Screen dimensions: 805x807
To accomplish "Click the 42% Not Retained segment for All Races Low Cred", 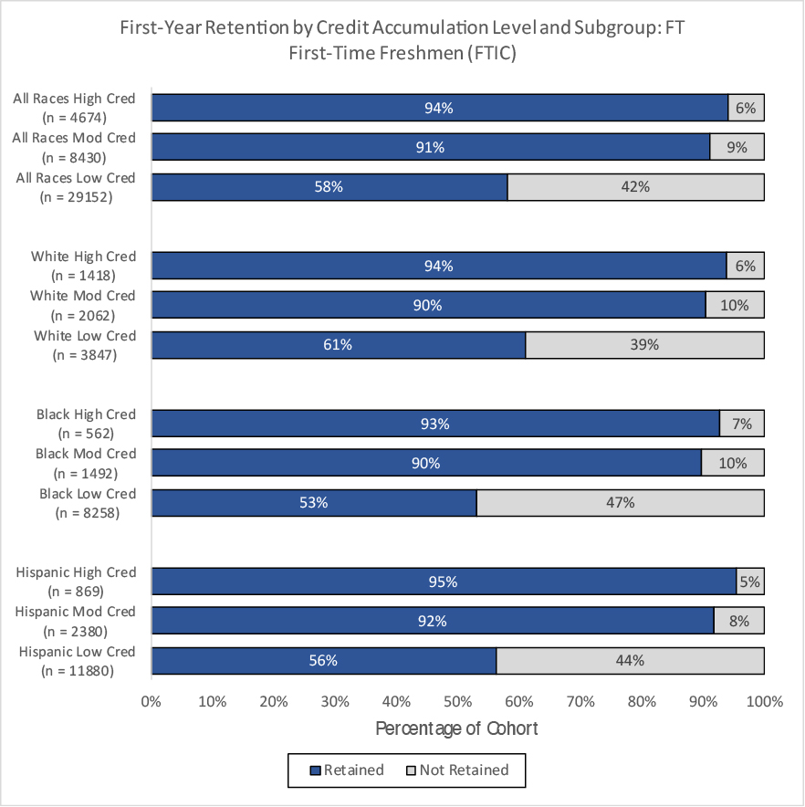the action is click(x=635, y=187).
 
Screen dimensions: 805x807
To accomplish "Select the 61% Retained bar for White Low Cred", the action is click(x=339, y=345).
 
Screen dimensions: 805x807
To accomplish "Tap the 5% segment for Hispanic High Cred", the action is click(x=750, y=582).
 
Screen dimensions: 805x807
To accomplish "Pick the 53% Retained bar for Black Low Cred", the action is click(x=314, y=503).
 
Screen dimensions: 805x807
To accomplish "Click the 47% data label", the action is click(x=621, y=502).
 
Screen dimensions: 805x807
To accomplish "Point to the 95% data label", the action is click(x=444, y=582).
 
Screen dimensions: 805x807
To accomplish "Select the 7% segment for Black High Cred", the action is click(x=742, y=424).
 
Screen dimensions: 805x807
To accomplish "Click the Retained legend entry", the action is click(x=347, y=770).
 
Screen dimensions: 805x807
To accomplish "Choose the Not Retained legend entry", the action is click(x=457, y=770).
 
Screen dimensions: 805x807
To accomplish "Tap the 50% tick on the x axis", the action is click(x=457, y=701).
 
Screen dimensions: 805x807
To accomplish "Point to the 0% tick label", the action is click(x=151, y=701).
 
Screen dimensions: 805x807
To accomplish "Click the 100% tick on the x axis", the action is click(x=764, y=701).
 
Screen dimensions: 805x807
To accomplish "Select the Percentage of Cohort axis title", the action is click(x=456, y=728).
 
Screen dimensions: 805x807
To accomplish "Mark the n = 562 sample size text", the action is click(x=86, y=434).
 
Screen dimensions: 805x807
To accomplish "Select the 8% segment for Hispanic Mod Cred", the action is click(x=739, y=621).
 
